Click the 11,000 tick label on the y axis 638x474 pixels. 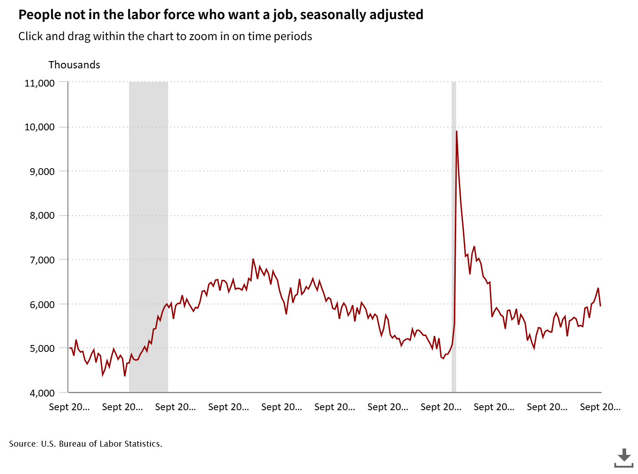coord(40,83)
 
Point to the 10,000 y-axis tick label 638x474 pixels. coord(40,127)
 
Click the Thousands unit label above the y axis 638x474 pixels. coord(74,65)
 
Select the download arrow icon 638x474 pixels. coord(624,457)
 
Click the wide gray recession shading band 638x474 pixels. coord(149,237)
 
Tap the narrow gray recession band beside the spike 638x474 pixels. coord(454,273)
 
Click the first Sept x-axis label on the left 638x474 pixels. coord(69,407)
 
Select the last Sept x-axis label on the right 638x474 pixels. coord(600,407)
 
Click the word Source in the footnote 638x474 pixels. coord(23,444)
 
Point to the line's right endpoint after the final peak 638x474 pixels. coord(601,305)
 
